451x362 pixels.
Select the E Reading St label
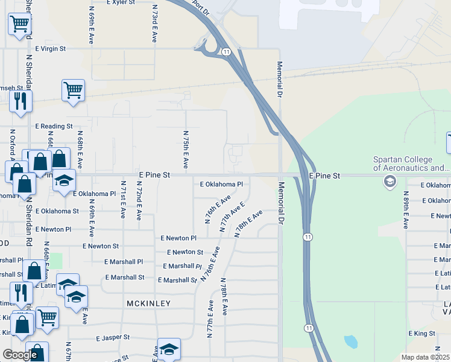(54, 127)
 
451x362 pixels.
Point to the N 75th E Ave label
(186, 149)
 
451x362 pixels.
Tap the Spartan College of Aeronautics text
(411, 164)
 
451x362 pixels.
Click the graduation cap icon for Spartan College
(389, 181)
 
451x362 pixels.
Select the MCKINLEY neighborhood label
(148, 303)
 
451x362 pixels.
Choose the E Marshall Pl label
(182, 266)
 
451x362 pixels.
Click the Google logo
(20, 355)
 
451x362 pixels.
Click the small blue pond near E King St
(350, 341)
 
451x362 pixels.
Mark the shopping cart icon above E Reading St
(73, 91)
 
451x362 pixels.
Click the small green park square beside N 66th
(55, 261)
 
